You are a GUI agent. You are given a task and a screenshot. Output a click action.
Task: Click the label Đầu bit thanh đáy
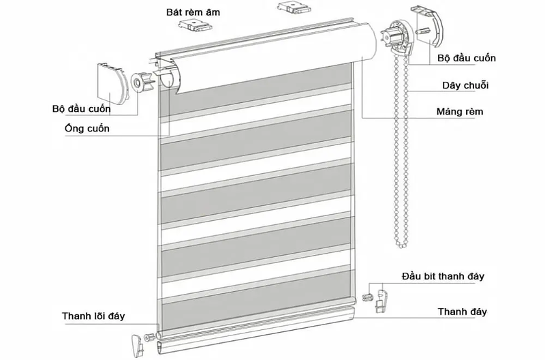[443, 276]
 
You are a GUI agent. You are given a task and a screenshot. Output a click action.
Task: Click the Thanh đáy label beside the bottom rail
[462, 312]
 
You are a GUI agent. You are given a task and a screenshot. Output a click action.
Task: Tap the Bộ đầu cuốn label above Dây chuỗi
[466, 59]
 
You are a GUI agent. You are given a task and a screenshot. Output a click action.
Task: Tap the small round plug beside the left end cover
[141, 82]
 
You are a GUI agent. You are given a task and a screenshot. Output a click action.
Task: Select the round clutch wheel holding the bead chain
[394, 35]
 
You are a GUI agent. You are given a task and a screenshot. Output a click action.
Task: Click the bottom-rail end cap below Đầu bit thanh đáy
[383, 298]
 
